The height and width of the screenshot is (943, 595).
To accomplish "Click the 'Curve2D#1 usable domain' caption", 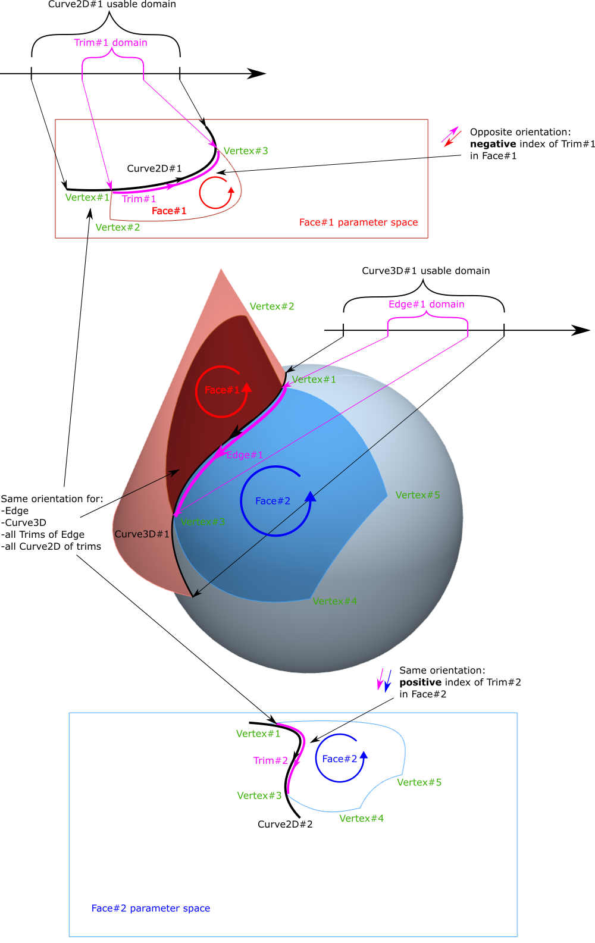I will click(112, 5).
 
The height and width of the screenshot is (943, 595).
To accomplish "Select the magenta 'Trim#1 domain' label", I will click(111, 43).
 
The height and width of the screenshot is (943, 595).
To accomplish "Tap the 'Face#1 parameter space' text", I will click(358, 223).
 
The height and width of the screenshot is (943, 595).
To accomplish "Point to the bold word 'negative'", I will click(493, 144).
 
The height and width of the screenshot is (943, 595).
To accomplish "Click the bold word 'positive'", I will click(420, 682).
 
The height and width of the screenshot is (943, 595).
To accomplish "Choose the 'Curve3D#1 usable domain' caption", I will click(426, 271).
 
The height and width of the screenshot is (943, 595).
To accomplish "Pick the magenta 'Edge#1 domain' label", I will click(426, 305).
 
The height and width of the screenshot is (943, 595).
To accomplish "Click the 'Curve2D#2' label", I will click(285, 824).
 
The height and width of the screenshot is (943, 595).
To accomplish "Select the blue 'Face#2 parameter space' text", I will click(151, 908).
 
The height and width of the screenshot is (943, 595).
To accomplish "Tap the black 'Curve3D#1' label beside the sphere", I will click(142, 534).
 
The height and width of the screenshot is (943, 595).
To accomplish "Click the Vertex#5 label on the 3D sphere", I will click(418, 495).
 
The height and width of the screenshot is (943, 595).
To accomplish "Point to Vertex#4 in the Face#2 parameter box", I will click(361, 819).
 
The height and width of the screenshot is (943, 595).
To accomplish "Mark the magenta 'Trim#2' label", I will click(270, 760).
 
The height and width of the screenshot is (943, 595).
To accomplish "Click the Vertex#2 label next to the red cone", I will click(272, 306).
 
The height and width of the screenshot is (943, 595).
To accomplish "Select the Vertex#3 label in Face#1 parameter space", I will click(246, 151).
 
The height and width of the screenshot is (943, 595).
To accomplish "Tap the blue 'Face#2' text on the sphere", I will click(273, 501).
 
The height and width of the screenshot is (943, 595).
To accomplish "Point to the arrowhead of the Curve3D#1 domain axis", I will click(582, 330).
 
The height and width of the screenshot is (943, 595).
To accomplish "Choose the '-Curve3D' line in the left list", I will click(24, 522).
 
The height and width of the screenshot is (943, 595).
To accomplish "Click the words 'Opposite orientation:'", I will click(520, 132).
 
